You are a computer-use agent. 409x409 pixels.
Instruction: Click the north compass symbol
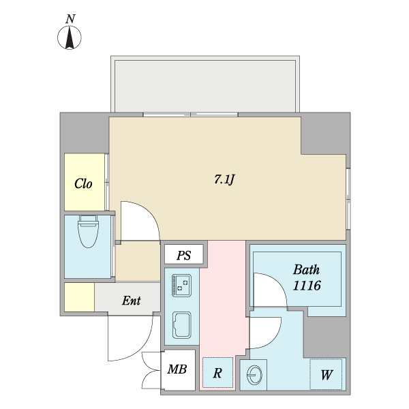tap(70, 37)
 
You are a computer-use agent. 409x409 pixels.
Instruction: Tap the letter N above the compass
tap(70, 19)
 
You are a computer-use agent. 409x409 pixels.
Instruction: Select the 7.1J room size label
tap(224, 179)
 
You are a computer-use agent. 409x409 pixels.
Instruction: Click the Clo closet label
tap(83, 183)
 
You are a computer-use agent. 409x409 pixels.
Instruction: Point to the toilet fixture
tap(89, 231)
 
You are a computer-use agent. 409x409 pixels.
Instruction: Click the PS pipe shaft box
tap(183, 254)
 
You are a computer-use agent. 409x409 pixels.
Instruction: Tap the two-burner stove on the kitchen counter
tap(181, 285)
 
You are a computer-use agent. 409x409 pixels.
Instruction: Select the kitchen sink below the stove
tap(181, 324)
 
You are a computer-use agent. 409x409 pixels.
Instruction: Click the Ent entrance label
tap(131, 301)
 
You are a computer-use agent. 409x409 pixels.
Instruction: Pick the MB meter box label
tap(177, 369)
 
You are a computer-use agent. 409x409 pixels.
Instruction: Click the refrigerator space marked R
tap(218, 372)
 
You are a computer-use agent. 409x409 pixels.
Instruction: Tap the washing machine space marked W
tap(326, 374)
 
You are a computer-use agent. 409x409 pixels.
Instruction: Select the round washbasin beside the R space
tap(254, 375)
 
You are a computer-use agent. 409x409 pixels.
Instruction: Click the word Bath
tap(306, 269)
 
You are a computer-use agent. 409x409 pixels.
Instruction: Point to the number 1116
tap(307, 286)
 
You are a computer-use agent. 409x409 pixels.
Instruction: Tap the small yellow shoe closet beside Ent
tap(80, 297)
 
